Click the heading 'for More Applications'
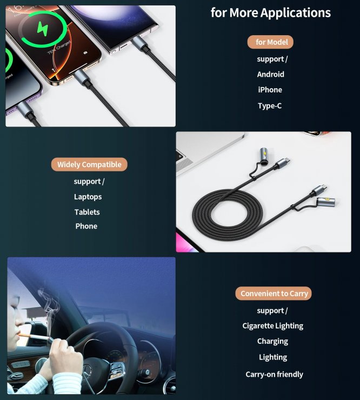[x=270, y=13]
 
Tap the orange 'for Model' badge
[x=271, y=42]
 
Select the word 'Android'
[x=270, y=75]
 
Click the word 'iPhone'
[x=270, y=90]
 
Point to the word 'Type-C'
[x=270, y=106]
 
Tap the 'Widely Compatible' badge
[x=89, y=164]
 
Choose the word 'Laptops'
[x=88, y=197]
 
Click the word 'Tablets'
[x=87, y=212]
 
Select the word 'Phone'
[x=86, y=226]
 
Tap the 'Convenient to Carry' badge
[x=274, y=294]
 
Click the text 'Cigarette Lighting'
[x=272, y=326]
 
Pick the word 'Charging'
[x=272, y=342]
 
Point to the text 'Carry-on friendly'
[x=274, y=374]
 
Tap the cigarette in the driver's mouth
[x=32, y=337]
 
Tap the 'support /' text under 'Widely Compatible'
[x=89, y=182]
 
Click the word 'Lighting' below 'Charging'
[x=273, y=357]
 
